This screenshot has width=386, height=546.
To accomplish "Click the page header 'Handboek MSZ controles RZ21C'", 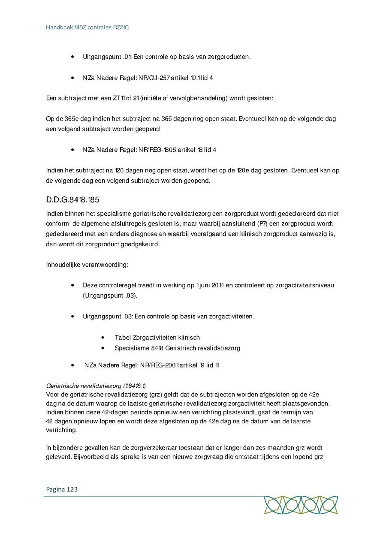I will click(87, 27).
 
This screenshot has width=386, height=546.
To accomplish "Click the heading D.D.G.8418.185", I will click(72, 200).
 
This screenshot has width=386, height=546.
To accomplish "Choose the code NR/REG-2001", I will click(158, 365).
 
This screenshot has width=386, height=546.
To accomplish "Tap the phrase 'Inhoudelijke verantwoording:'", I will click(87, 264).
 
